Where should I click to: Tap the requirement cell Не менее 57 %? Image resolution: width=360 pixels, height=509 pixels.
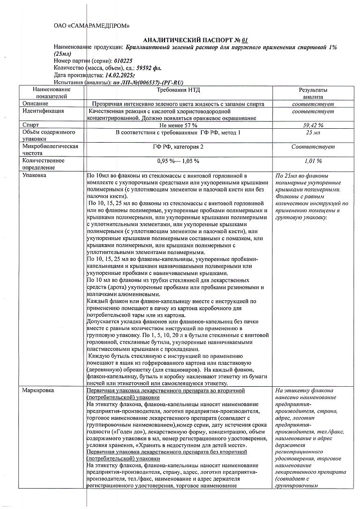coord(179,125)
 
